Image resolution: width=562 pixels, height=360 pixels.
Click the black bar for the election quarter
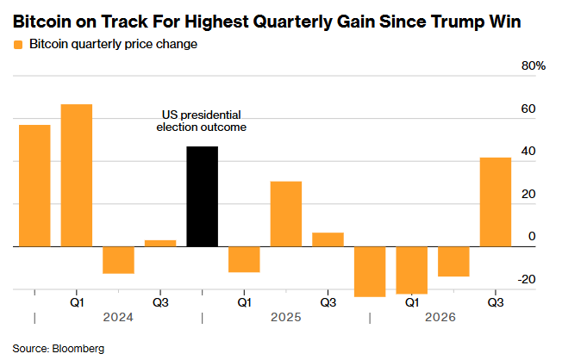pos(203,196)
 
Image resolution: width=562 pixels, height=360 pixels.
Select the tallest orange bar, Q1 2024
pos(77,176)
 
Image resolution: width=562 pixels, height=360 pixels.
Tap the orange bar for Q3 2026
pos(496,202)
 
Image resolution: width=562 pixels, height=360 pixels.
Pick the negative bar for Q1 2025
pos(244,259)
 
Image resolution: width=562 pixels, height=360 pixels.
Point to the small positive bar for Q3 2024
pos(160,243)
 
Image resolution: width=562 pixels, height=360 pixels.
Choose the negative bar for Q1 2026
pos(411,270)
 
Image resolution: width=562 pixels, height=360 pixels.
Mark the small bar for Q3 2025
pos(328,239)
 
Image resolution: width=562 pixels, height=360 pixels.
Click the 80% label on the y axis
pos(534,66)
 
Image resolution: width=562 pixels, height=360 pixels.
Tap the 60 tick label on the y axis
pos(528,109)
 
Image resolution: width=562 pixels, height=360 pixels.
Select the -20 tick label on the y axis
pos(527,279)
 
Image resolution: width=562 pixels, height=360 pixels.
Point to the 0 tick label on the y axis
pos(532,237)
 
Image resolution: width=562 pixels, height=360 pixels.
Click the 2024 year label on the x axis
pos(118,318)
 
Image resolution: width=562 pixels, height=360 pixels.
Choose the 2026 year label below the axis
pos(440,318)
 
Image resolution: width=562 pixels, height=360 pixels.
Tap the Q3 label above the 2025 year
pos(328,302)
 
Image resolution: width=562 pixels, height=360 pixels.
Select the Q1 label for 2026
pos(411,302)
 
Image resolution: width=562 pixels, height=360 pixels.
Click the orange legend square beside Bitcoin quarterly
pos(18,45)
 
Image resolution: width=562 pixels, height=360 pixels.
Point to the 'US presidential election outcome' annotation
pos(202,121)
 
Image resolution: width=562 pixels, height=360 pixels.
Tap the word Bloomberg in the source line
pos(78,349)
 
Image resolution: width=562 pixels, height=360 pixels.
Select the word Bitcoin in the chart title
pos(42,22)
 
